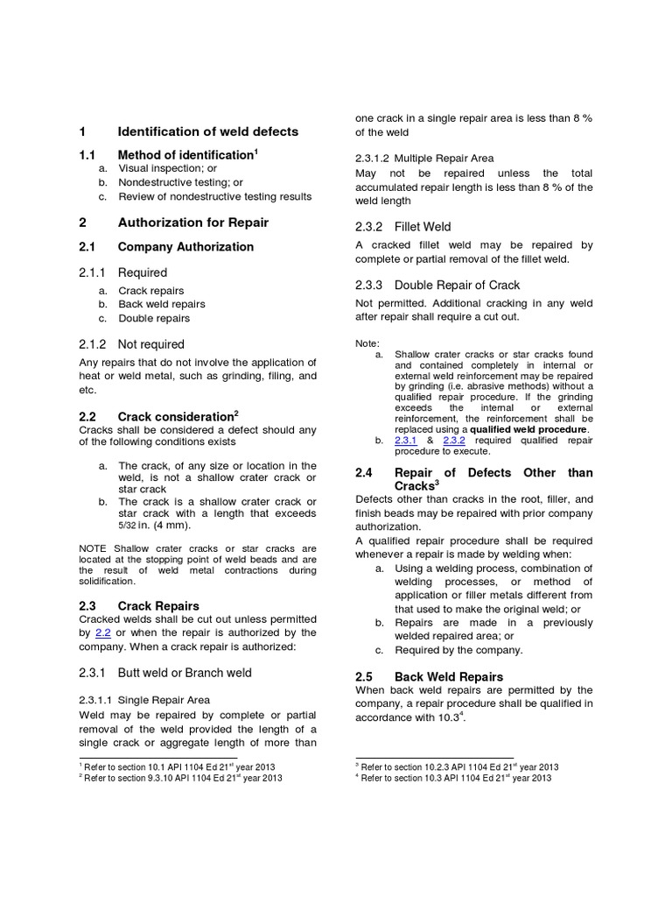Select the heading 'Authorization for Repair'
click(192, 222)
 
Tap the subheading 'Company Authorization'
click(185, 247)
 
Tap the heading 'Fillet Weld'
click(423, 227)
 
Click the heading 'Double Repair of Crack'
click(457, 285)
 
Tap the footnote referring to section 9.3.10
click(182, 777)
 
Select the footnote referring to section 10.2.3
click(458, 766)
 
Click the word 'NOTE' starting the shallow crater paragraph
click(92, 548)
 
